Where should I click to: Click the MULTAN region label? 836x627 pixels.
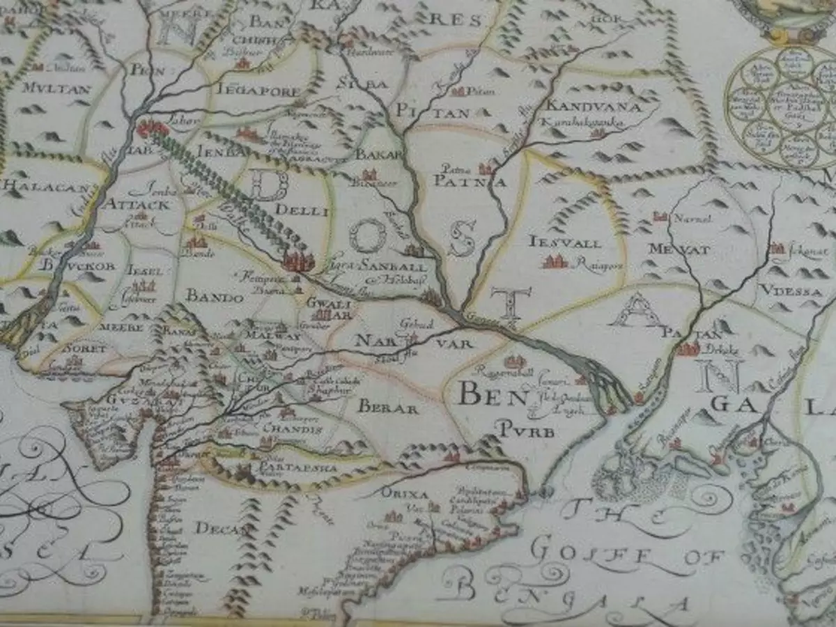[47, 88]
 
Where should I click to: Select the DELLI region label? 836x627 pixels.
[301, 210]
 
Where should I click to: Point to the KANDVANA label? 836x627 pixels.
[584, 106]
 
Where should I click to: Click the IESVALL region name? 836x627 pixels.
[565, 242]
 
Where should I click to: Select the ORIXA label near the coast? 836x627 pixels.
[404, 493]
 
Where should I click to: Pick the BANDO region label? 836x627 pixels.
[215, 297]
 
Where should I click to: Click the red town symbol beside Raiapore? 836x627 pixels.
[555, 262]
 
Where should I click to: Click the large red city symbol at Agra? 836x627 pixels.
[298, 261]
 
